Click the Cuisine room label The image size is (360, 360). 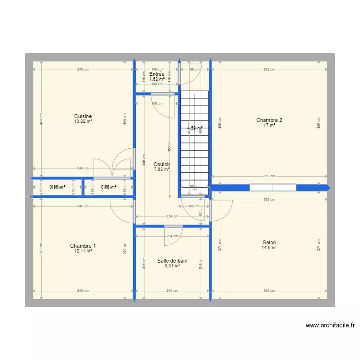[x=83, y=116]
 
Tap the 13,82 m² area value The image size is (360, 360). [x=83, y=121]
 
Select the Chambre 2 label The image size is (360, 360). [x=269, y=120]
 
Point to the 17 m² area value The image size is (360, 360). [x=269, y=125]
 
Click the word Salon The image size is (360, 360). [x=269, y=242]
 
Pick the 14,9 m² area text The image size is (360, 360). [x=269, y=248]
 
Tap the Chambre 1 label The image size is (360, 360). [x=83, y=246]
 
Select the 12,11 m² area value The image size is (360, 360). [x=83, y=251]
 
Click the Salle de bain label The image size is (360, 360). [x=172, y=261]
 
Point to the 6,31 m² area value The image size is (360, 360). [x=172, y=266]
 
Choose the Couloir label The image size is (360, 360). [x=162, y=164]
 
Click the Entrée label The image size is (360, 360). [x=156, y=74]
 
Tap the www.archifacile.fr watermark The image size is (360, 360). [x=330, y=325]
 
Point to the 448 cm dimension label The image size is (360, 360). [x=144, y=162]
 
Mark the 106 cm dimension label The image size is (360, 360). [x=194, y=207]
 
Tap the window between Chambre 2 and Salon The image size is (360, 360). [x=273, y=188]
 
